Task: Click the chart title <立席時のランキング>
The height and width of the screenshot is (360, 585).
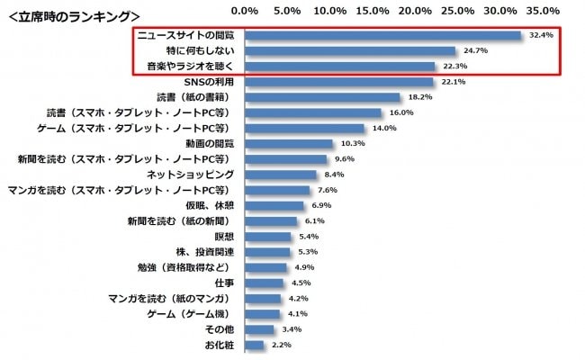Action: (73, 15)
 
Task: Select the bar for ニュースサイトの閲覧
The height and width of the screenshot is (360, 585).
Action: (382, 36)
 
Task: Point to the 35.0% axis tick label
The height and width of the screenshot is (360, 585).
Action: (543, 11)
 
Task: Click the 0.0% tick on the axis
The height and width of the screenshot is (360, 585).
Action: (245, 11)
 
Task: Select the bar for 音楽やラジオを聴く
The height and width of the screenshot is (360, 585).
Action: (339, 67)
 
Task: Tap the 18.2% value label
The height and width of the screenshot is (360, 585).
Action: (420, 97)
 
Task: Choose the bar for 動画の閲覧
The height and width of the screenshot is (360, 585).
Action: (289, 144)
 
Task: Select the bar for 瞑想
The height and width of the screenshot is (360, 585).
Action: (267, 237)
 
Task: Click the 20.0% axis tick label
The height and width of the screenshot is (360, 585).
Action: (415, 11)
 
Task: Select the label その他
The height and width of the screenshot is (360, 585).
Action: (222, 329)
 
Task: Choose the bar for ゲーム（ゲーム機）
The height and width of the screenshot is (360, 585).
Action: (262, 314)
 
